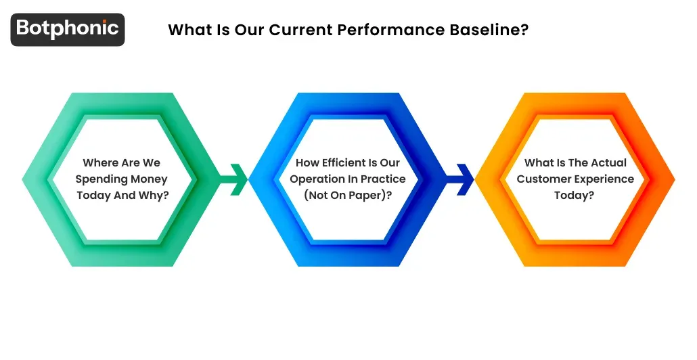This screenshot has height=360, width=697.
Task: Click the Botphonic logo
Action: click(68, 29)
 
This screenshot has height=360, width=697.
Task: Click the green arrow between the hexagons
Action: click(233, 179)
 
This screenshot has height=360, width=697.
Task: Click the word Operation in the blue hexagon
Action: click(317, 179)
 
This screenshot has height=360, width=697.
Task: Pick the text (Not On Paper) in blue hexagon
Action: click(348, 196)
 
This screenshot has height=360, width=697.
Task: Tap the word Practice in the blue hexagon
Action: click(382, 179)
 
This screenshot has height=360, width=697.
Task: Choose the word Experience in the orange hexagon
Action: click(603, 179)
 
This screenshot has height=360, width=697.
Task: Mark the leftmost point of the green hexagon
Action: click(23, 179)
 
